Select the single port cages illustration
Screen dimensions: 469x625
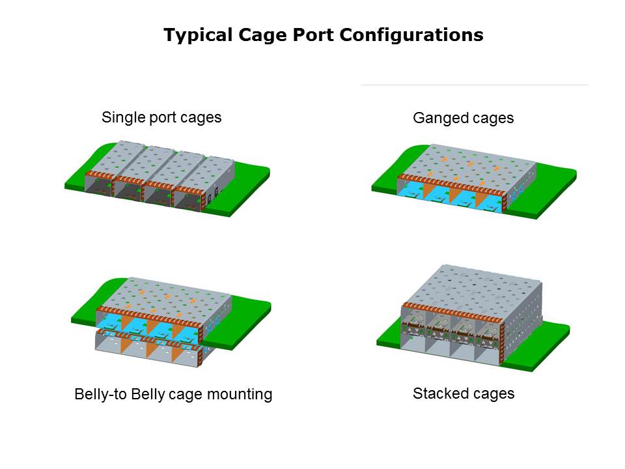166,176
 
